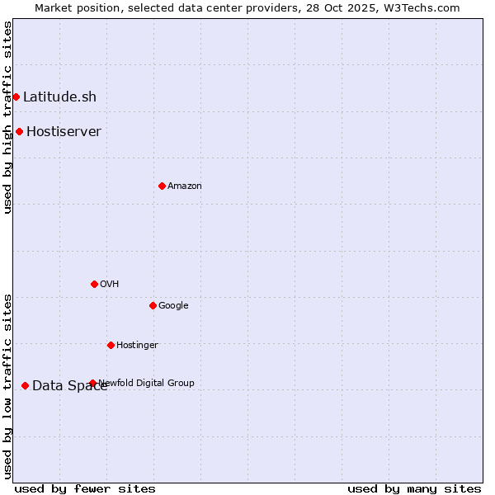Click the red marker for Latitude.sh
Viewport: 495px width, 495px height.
pos(16,97)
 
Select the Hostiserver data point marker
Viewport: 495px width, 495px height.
pos(19,131)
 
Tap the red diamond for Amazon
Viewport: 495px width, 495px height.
pos(162,186)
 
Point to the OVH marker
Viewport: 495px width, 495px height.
pos(94,284)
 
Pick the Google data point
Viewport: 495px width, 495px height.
pos(153,305)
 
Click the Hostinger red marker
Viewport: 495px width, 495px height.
pos(111,345)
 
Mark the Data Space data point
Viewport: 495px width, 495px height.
pos(25,385)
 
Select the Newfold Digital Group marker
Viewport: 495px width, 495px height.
pos(92,383)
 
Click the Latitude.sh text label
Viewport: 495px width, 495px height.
pos(59,97)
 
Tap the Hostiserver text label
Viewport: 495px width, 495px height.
pos(64,131)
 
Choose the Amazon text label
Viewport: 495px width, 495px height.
pos(184,186)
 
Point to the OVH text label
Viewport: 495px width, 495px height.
pos(109,284)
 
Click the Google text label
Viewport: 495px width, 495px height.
pos(173,305)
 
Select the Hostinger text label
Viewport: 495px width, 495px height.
pos(137,345)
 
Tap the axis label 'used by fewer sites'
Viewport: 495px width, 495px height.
pos(84,488)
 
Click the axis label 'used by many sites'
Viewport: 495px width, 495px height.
pos(414,488)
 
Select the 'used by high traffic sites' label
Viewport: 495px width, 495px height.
pos(7,117)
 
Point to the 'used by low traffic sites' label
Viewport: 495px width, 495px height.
pos(7,386)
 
